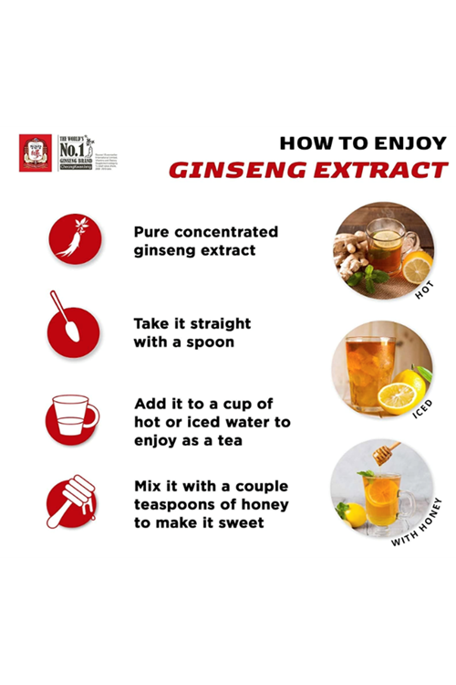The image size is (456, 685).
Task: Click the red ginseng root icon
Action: click(75, 240)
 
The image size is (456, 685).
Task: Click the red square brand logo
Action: click(36, 153)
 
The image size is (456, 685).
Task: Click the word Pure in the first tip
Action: click(154, 232)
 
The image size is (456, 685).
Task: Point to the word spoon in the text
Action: click(210, 342)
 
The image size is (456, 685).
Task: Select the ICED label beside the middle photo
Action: click(421, 407)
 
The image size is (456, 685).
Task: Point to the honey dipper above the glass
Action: click(385, 453)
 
